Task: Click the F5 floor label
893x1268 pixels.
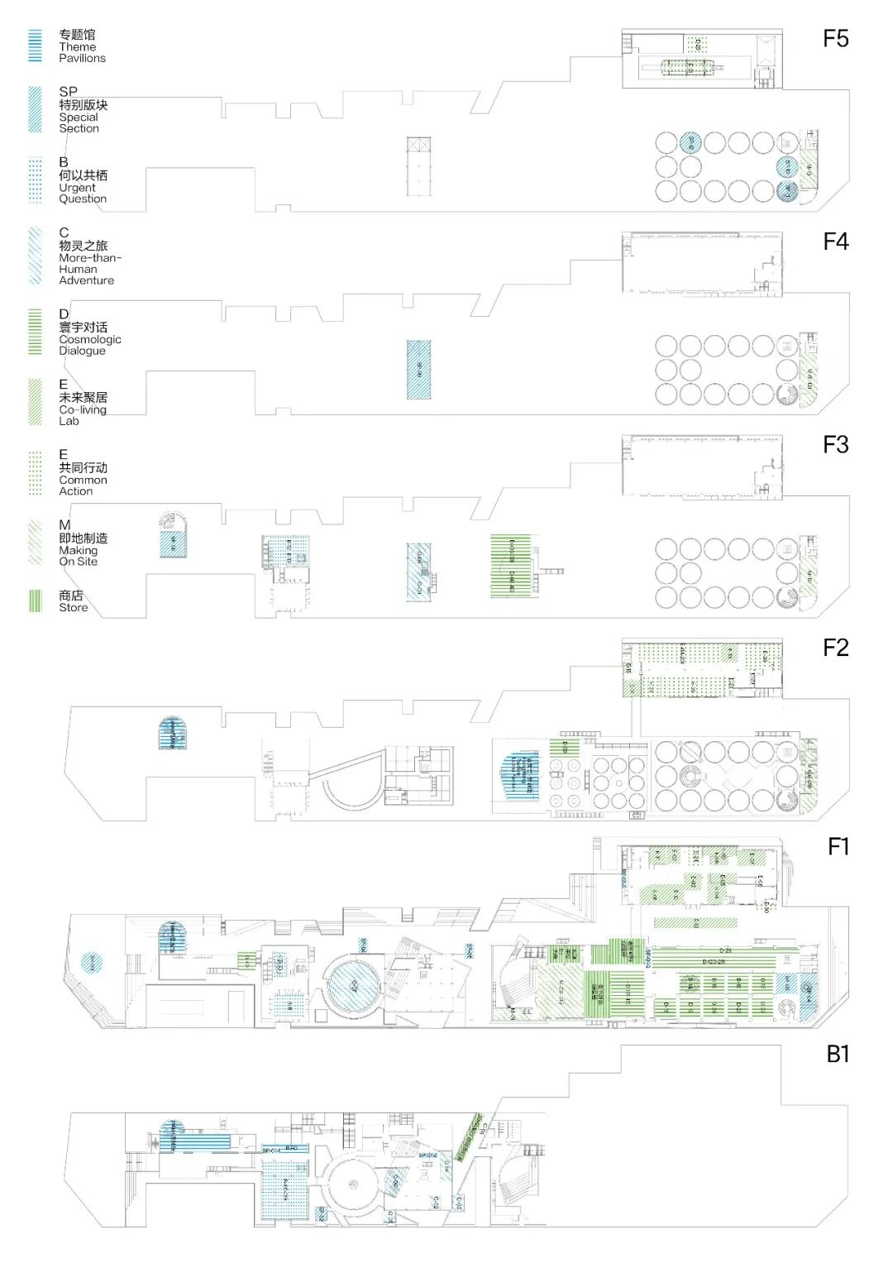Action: [835, 39]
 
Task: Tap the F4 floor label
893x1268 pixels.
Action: [835, 242]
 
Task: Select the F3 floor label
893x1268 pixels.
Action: [835, 445]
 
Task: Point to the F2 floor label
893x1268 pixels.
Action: [835, 648]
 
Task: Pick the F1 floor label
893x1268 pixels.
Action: [838, 847]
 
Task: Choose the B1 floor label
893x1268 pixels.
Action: [837, 1054]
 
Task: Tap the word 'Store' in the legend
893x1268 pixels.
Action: [73, 607]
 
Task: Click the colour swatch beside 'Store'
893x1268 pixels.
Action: [35, 601]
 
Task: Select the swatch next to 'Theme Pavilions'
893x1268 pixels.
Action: [35, 45]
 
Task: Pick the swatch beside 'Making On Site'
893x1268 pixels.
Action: [35, 543]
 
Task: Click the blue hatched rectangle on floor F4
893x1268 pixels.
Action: [418, 370]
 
